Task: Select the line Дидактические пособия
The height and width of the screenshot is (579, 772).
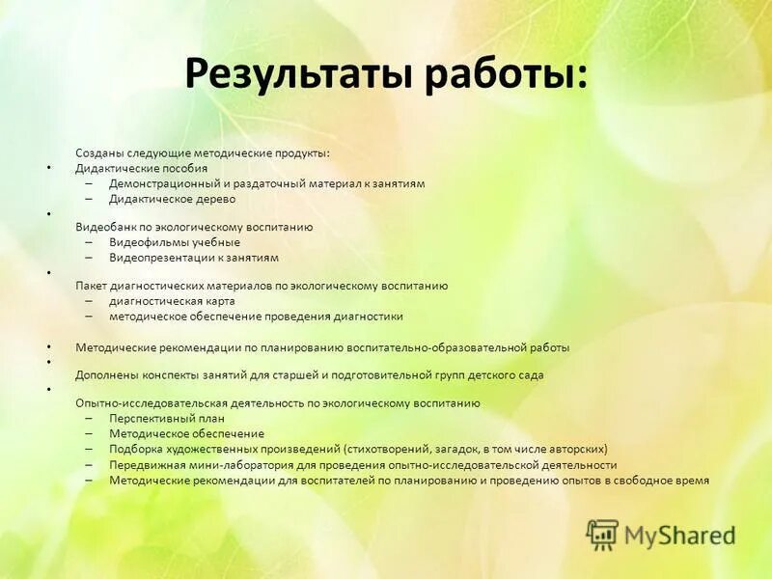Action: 141,168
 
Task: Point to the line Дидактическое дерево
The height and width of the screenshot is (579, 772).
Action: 172,199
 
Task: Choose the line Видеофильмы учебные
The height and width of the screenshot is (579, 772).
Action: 174,242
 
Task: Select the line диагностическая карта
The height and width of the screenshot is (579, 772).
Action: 172,301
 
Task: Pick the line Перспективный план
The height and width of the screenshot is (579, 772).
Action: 166,419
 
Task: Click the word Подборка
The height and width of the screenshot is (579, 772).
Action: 135,449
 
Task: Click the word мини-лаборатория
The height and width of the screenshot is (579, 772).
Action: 229,464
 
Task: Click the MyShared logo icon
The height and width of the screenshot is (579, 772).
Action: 602,534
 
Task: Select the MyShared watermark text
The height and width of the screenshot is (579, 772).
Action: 679,535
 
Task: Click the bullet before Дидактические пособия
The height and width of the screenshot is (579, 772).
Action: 49,168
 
